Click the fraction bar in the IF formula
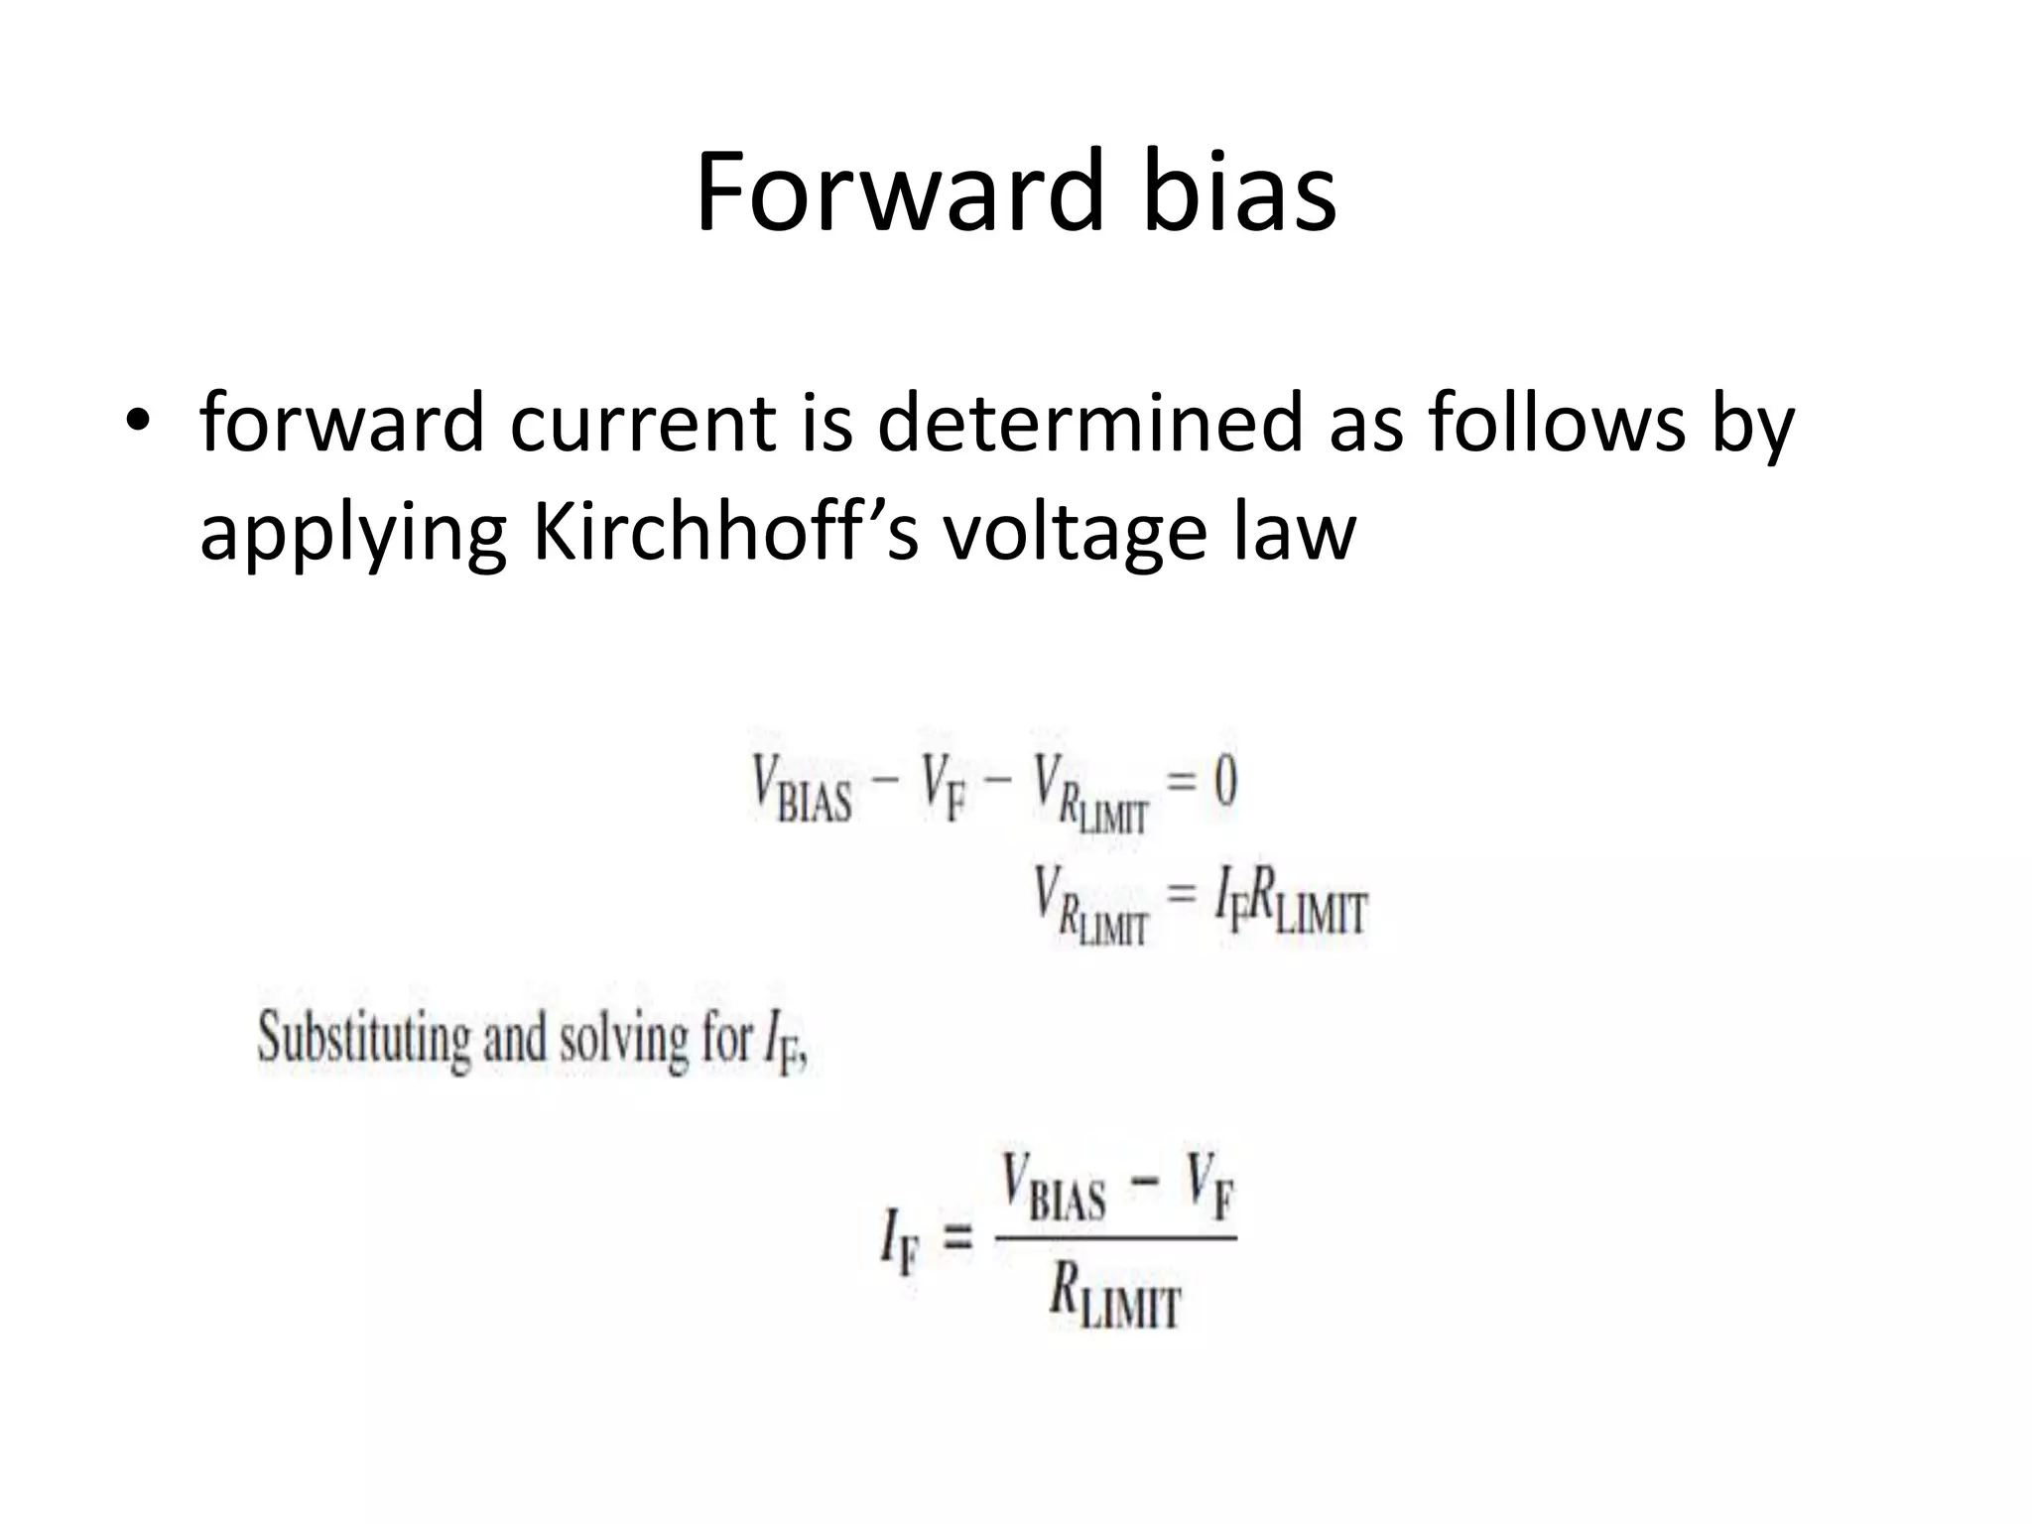tap(1115, 1237)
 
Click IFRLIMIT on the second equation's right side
tap(1291, 902)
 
